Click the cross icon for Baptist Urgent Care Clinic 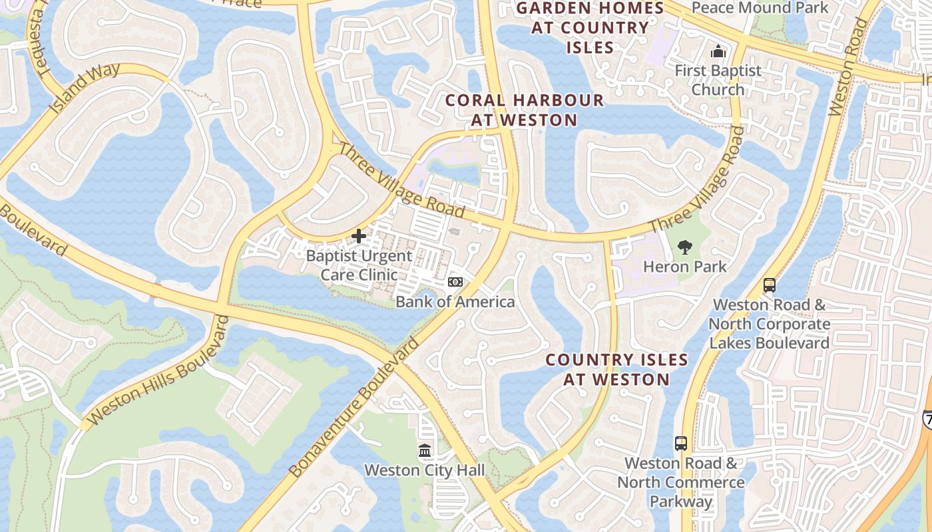click(359, 236)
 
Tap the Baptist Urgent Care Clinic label click(359, 265)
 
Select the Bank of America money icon click(455, 282)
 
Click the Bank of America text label click(455, 302)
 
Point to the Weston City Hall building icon click(425, 451)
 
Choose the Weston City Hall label click(425, 470)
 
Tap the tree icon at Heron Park click(684, 247)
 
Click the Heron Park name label click(684, 267)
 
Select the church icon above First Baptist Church click(718, 51)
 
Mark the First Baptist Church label click(718, 80)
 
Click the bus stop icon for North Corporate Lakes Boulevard click(770, 285)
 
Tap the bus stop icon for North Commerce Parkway click(680, 443)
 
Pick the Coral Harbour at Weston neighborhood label click(525, 110)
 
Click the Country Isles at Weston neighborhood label click(616, 370)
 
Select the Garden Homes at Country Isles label click(590, 28)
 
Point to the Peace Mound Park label click(760, 8)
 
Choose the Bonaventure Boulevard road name click(354, 407)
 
